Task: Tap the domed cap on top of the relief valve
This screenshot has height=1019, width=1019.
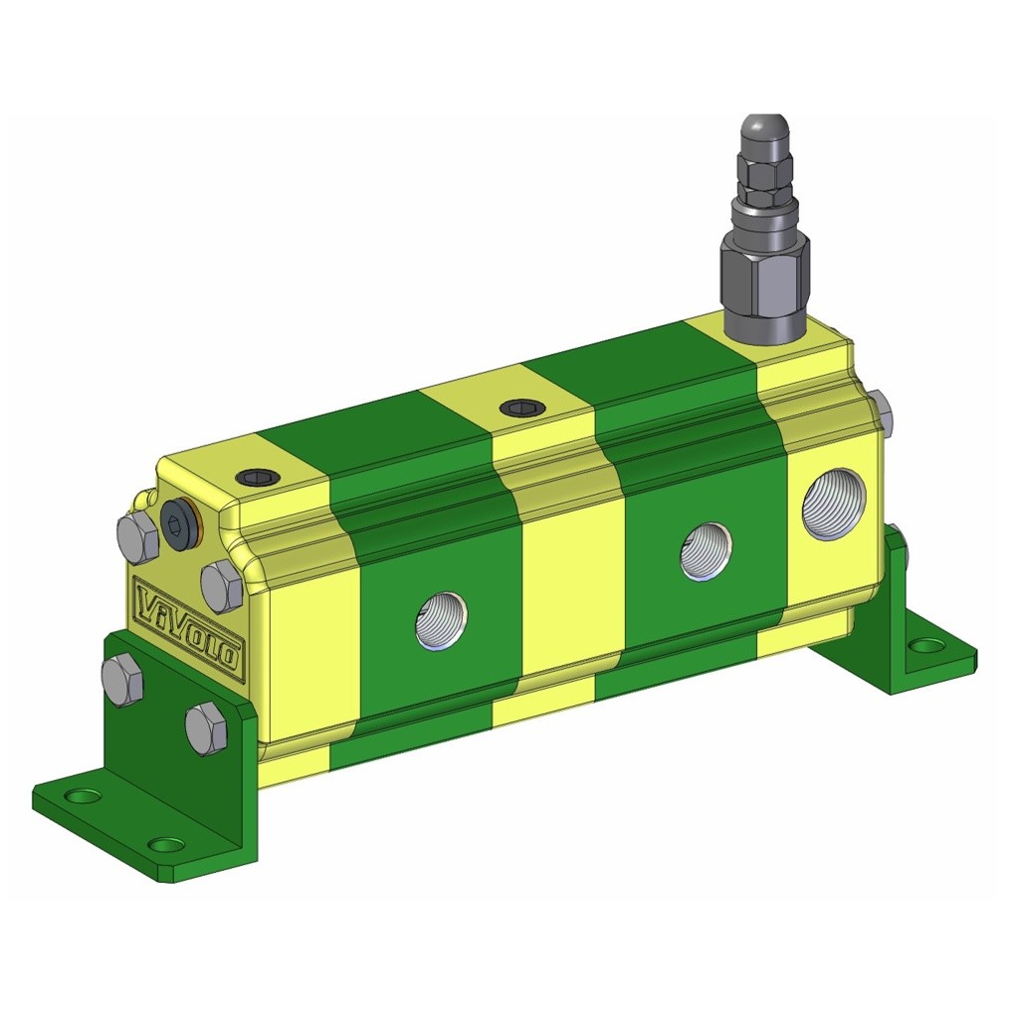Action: [x=764, y=134]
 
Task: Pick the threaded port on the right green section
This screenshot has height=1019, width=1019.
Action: [x=706, y=550]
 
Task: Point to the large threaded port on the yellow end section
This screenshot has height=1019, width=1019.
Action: [x=834, y=504]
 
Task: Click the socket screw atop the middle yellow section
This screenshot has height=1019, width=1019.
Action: [x=520, y=407]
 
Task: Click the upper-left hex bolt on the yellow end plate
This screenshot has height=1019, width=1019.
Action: [x=137, y=538]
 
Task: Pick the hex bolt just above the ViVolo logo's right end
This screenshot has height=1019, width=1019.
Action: [x=222, y=585]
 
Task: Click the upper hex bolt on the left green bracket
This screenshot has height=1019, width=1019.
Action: [x=122, y=681]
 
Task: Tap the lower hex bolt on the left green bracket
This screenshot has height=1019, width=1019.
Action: [x=206, y=728]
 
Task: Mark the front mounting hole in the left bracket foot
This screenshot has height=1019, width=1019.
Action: [x=165, y=845]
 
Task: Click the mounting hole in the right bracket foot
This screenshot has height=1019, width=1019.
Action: [x=928, y=646]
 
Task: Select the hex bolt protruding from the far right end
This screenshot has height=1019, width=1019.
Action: [x=881, y=414]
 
